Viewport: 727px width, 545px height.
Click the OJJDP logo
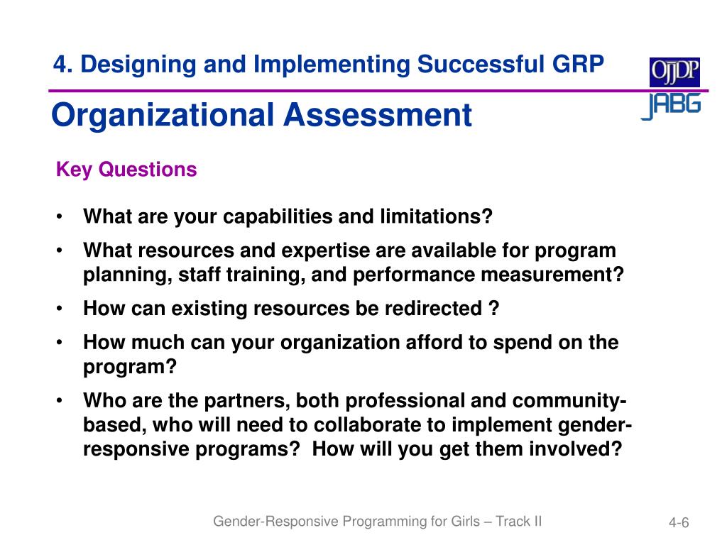[x=674, y=72]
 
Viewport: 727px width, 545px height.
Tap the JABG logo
[x=672, y=106]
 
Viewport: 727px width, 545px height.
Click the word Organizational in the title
[x=163, y=116]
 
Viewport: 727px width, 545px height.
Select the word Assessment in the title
[x=378, y=114]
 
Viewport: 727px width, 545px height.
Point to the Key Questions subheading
[x=126, y=170]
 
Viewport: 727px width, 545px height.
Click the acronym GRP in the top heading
[x=578, y=64]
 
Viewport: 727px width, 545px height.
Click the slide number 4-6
[x=679, y=523]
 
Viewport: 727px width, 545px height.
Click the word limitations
[x=436, y=216]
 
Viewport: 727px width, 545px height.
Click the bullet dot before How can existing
[x=60, y=309]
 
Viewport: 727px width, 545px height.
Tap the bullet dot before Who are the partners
[x=60, y=400]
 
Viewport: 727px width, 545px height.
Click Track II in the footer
[x=518, y=522]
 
